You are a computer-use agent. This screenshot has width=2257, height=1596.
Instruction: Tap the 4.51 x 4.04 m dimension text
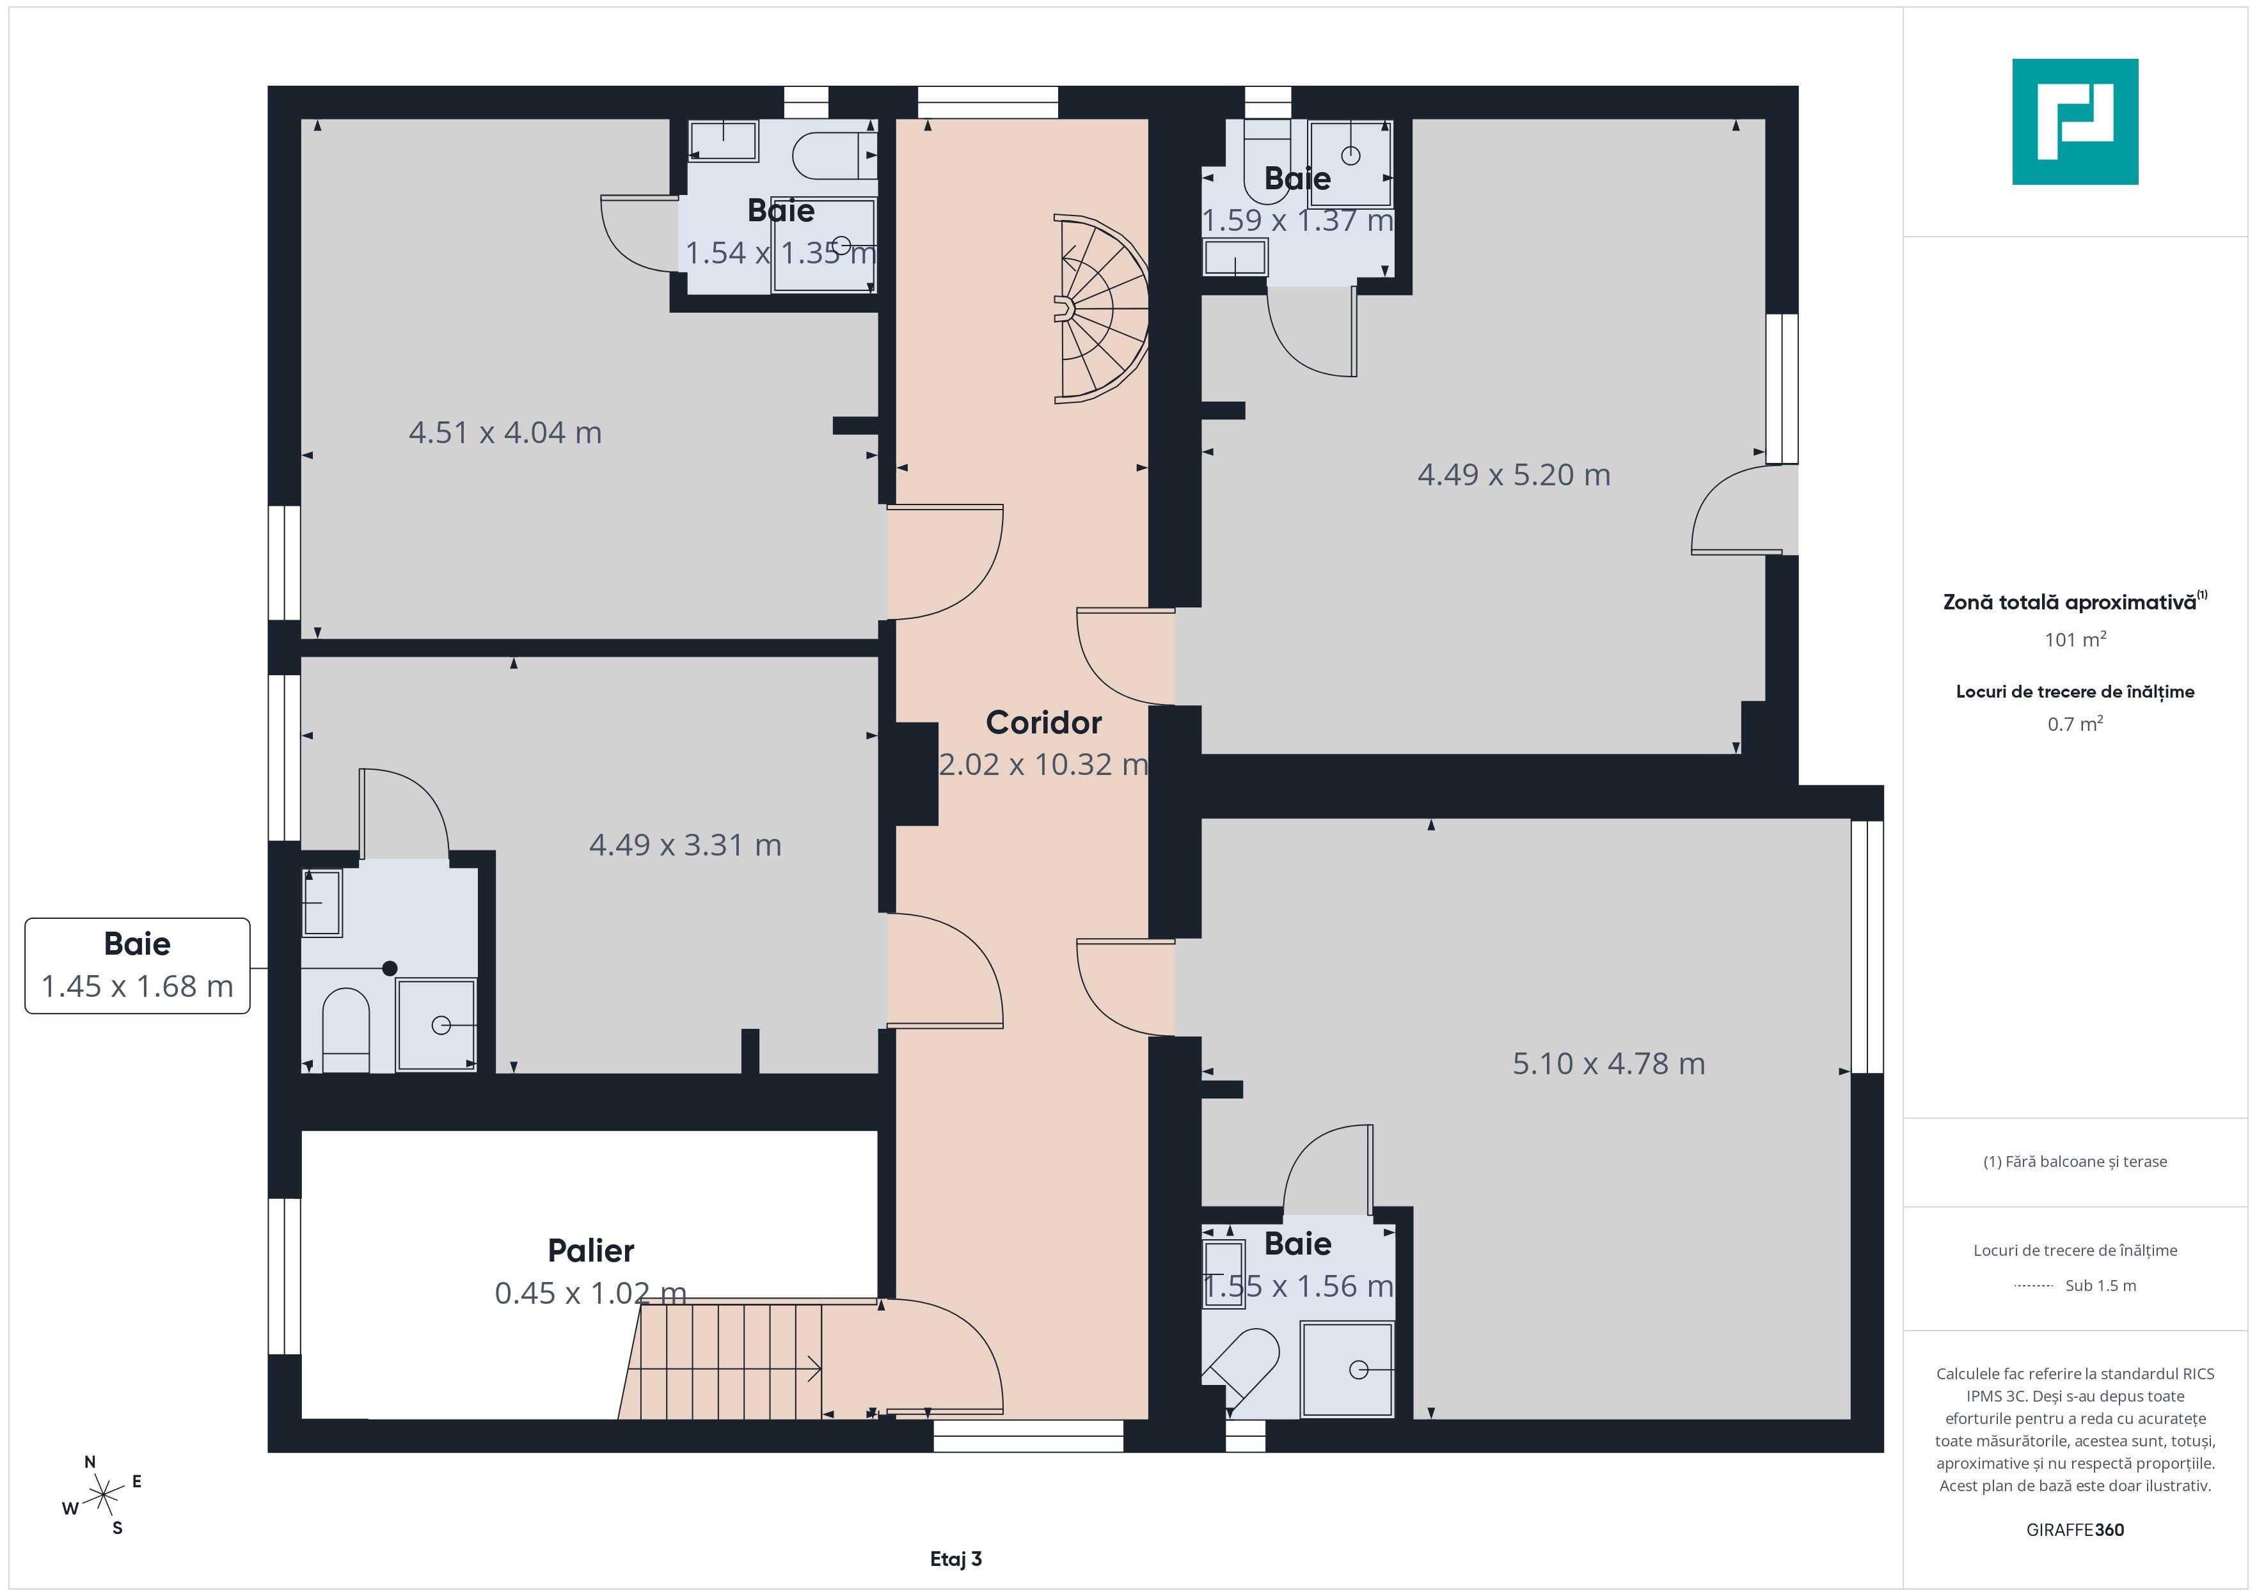505,432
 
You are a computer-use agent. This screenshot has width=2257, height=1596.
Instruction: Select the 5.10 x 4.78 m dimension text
1608,1063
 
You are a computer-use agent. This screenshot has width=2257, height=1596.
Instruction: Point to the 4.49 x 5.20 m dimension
1514,474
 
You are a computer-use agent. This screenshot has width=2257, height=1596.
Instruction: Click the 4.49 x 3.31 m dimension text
685,845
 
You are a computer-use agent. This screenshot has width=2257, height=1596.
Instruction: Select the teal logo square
2075,122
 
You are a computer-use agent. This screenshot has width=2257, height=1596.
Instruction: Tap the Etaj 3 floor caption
956,1559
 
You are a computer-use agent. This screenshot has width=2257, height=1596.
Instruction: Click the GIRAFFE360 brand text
2075,1530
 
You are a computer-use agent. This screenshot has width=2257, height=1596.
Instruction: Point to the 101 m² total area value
2075,640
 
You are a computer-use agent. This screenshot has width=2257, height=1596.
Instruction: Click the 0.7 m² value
2075,724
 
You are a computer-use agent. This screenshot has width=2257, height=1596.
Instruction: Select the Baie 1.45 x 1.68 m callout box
138,966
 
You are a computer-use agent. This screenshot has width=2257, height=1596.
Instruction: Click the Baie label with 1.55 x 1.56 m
1297,1244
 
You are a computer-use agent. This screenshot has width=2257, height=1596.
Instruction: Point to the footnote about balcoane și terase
2075,1162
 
